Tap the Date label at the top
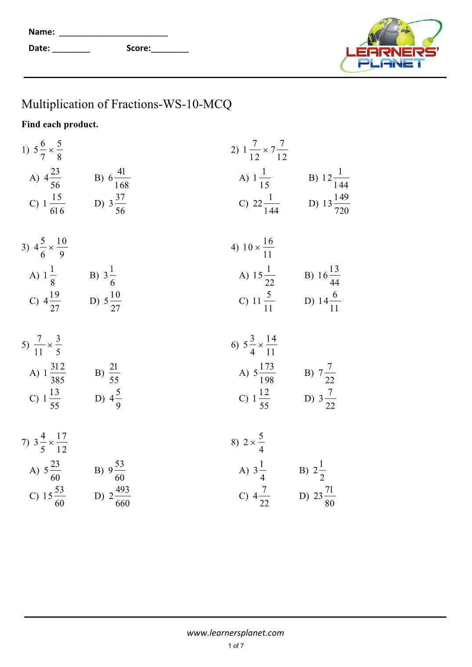pyautogui.click(x=39, y=48)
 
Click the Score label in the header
pyautogui.click(x=138, y=48)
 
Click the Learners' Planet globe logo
pyautogui.click(x=391, y=45)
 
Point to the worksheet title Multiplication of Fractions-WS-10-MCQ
pyautogui.click(x=126, y=104)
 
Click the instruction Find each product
pyautogui.click(x=60, y=125)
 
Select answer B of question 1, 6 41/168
pyautogui.click(x=112, y=178)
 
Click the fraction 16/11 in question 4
pyautogui.click(x=268, y=248)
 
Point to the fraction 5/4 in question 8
pyautogui.click(x=261, y=442)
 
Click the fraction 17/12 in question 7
pyautogui.click(x=61, y=442)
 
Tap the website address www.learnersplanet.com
pyautogui.click(x=235, y=633)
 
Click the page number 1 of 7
pyautogui.click(x=236, y=646)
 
